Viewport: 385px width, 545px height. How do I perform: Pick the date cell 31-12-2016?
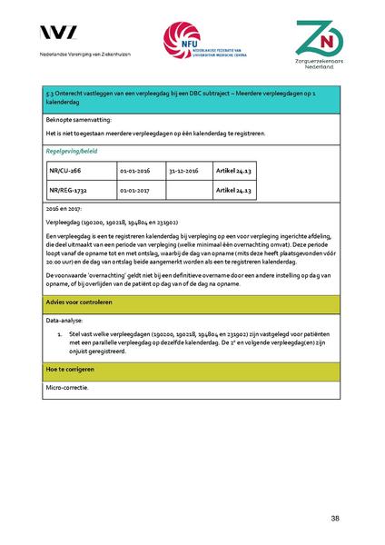(x=183, y=170)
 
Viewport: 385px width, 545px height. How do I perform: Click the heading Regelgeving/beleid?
(x=74, y=150)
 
